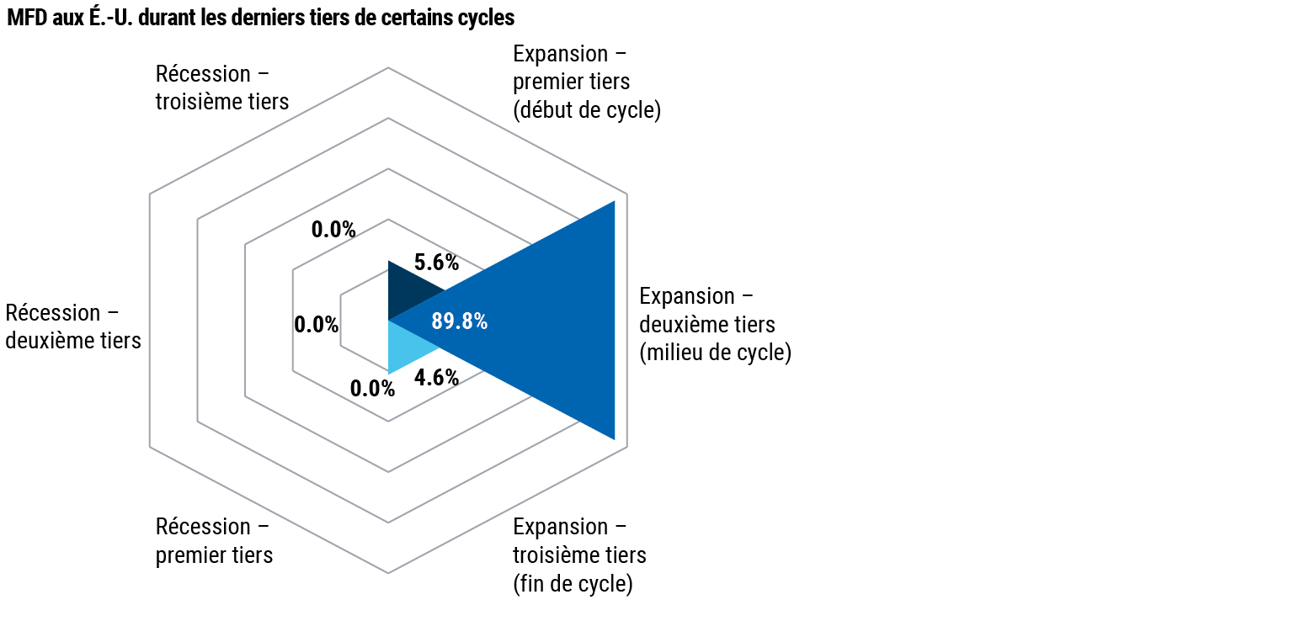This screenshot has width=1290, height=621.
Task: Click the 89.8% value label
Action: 460,321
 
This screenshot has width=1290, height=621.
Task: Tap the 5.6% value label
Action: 436,263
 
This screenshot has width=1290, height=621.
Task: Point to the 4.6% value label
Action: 436,378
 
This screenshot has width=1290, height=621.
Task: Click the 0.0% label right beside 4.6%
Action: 373,389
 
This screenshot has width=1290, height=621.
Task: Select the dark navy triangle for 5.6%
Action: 409,290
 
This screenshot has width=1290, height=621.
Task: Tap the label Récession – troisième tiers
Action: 222,88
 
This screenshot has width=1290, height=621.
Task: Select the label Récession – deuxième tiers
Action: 73,326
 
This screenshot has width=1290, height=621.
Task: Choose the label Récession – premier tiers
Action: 214,541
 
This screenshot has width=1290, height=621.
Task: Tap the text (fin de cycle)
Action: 573,584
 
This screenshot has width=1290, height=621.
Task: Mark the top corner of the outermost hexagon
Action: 388,68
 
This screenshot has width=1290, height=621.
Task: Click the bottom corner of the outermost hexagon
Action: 388,573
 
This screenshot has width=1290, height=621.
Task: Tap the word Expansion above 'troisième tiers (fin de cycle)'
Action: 560,528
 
